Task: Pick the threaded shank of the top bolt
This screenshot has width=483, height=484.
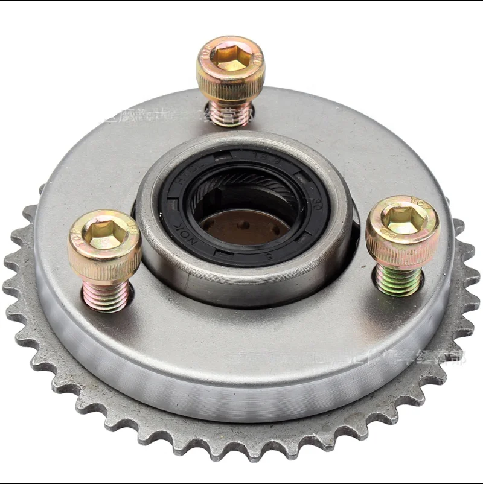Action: point(230,113)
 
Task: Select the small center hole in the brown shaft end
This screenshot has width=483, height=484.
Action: point(243,225)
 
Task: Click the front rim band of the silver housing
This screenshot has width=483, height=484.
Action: point(241,386)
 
